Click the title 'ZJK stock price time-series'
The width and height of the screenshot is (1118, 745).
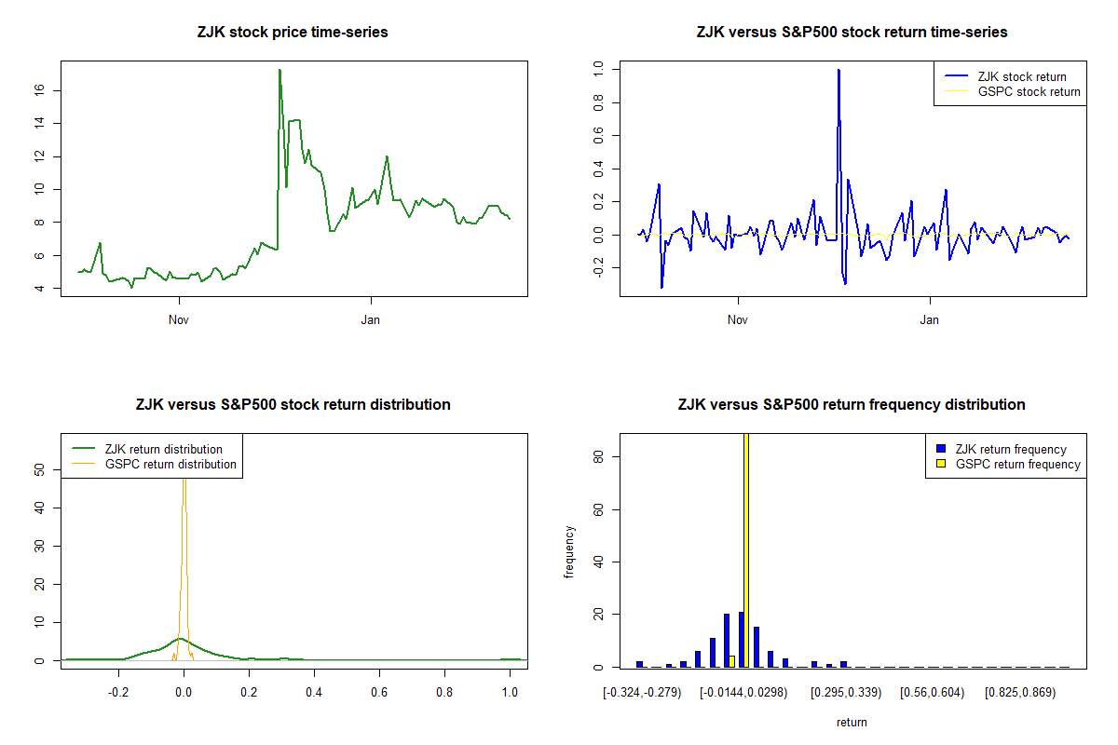[293, 33]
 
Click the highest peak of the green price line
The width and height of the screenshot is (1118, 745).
[279, 71]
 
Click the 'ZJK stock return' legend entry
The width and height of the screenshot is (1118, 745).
[1020, 77]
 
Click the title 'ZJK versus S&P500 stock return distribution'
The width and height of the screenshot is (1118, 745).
[293, 405]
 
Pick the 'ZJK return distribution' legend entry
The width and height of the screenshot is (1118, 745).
[164, 450]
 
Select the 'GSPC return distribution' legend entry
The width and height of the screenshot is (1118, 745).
[170, 464]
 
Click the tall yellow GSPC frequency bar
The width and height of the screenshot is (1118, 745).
[746, 549]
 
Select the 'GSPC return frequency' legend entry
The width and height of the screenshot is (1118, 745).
[1017, 464]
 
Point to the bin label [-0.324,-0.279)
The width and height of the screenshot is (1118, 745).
[643, 694]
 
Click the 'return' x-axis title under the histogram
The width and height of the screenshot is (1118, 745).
[852, 722]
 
